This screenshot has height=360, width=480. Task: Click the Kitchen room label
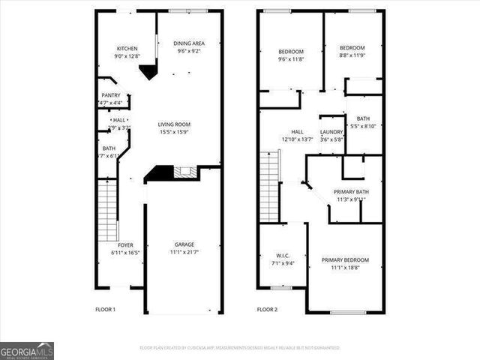(x=126, y=48)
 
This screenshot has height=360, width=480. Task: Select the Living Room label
(x=173, y=124)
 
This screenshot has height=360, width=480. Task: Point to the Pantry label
(x=111, y=95)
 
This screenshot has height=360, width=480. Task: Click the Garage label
(x=184, y=244)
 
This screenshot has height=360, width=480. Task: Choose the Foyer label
(x=126, y=245)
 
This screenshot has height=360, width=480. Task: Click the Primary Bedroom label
(x=345, y=260)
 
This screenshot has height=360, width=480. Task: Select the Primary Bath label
(x=352, y=192)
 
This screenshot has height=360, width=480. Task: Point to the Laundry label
(x=331, y=132)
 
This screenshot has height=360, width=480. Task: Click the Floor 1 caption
(x=105, y=310)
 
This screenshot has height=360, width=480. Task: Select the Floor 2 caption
(x=267, y=310)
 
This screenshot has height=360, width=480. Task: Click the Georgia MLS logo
(x=27, y=350)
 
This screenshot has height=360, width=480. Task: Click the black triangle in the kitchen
(x=148, y=71)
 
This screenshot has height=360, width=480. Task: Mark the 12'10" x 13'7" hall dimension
(x=297, y=139)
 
